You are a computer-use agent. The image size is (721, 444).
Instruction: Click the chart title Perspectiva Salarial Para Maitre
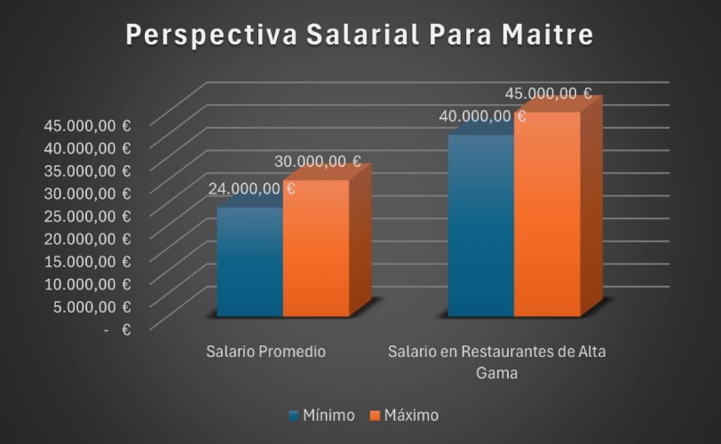(360, 36)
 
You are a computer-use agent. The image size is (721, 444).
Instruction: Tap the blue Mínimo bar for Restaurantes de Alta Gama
(480, 226)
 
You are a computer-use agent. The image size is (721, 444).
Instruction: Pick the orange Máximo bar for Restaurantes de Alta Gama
(546, 215)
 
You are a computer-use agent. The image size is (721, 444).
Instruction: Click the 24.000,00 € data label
(251, 188)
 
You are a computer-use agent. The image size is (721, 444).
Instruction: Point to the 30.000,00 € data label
(317, 162)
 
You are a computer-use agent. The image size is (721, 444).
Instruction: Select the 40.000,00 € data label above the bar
(482, 115)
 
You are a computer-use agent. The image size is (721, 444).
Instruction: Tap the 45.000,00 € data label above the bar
(548, 92)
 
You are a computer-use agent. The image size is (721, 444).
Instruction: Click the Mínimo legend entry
(321, 416)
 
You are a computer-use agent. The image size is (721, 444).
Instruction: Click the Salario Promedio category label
(265, 352)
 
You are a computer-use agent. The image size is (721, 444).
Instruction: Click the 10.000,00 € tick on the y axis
(88, 283)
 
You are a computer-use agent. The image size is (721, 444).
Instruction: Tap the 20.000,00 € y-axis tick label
(88, 238)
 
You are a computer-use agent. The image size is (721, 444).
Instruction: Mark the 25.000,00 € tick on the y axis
(88, 216)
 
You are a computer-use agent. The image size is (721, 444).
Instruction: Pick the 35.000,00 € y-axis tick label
(88, 170)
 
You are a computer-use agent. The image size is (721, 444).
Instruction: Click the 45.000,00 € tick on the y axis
(88, 125)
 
